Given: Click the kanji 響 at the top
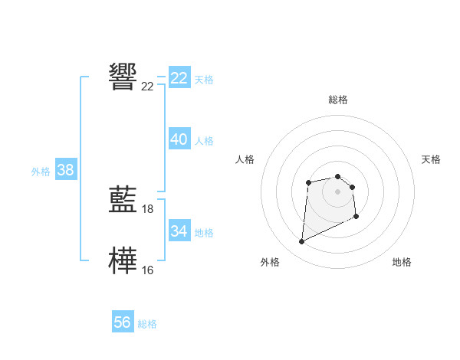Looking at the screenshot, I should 123,77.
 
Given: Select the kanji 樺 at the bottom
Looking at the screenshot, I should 123,260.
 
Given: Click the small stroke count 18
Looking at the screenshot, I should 148,209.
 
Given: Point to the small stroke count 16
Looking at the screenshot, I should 148,270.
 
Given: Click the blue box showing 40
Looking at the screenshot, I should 179,139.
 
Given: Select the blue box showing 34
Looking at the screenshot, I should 179,231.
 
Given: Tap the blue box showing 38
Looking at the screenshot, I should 65,170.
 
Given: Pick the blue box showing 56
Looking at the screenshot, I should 123,322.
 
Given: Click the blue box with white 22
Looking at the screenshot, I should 179,78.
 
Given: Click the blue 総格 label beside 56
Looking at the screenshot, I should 147,324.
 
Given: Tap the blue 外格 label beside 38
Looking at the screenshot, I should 41,172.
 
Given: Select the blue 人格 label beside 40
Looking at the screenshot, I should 204,141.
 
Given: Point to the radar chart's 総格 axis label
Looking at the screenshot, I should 337,100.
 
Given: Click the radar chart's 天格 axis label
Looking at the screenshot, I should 431,159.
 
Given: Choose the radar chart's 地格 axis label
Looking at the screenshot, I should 402,262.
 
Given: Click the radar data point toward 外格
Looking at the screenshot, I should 301,242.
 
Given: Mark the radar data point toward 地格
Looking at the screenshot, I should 356,218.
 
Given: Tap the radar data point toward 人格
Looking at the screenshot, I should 308,182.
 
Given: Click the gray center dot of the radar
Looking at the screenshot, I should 337,191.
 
